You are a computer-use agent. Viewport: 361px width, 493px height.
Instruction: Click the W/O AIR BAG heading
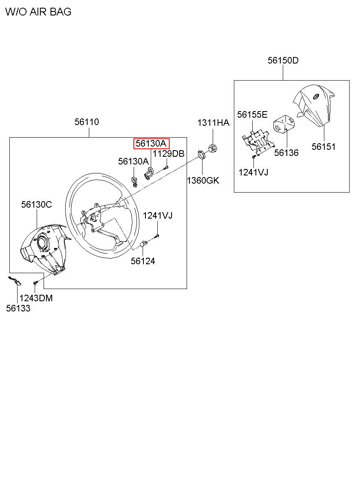38,12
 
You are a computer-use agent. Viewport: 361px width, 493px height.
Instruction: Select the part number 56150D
283,61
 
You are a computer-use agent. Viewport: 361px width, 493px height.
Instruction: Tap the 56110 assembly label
86,122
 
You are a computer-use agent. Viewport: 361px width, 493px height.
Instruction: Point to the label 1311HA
213,123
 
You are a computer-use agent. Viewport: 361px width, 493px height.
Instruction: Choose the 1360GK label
203,180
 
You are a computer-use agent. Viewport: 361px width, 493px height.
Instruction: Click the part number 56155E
252,114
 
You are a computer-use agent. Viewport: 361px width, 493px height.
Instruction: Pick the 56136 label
286,153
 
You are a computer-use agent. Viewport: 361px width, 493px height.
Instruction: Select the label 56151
324,147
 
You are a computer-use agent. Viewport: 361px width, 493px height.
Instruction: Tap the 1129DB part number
168,153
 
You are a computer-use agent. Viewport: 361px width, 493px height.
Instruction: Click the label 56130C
37,204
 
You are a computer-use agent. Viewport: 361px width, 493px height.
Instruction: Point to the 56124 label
143,261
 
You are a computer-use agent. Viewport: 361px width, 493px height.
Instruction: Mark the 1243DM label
36,298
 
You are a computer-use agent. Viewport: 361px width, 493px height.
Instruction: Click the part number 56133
18,308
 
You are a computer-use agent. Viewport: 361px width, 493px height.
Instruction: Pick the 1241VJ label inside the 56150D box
253,172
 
